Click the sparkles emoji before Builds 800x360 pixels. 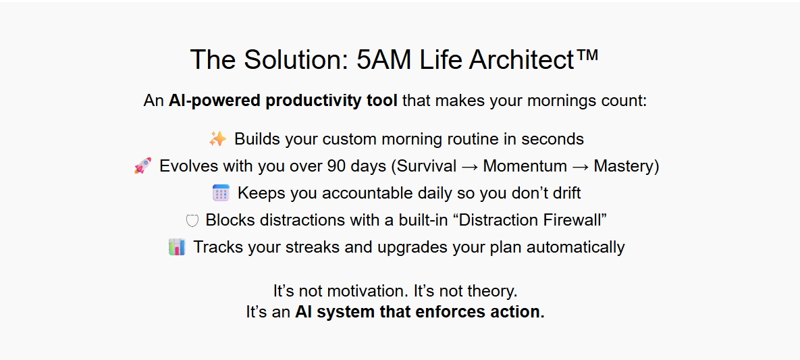[218, 138]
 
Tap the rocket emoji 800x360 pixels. [143, 165]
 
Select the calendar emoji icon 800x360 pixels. [221, 193]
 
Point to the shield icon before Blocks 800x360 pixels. [192, 221]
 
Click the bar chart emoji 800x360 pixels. [176, 247]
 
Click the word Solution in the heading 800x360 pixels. [296, 59]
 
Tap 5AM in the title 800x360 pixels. [383, 59]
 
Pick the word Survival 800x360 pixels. [427, 166]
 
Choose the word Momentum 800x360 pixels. [525, 166]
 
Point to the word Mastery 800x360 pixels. [624, 166]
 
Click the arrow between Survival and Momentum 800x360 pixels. [470, 166]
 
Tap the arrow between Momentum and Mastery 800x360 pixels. [580, 166]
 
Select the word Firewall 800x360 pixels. [573, 220]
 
